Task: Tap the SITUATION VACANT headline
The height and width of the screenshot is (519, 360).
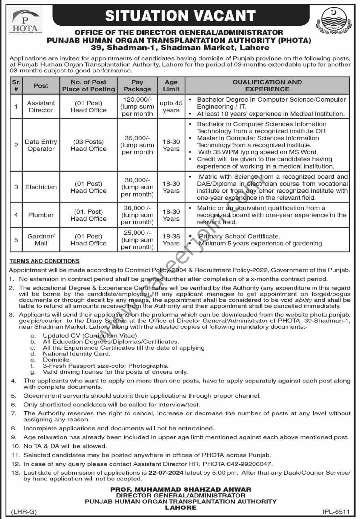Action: click(180, 16)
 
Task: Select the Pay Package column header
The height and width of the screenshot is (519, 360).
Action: click(137, 85)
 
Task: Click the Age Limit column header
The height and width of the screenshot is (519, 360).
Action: click(171, 85)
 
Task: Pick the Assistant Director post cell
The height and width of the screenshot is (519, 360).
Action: click(41, 106)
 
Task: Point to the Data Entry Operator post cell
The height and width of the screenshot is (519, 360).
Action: click(41, 145)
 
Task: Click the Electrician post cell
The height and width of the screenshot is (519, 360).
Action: click(41, 187)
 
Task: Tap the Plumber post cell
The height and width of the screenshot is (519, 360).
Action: click(41, 215)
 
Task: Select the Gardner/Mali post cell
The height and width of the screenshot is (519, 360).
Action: click(41, 240)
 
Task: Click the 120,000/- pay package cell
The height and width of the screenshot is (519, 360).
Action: click(137, 106)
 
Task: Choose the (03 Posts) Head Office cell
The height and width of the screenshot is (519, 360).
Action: click(88, 145)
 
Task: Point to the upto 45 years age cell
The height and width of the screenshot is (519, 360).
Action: click(171, 106)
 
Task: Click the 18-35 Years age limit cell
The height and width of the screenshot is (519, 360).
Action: click(171, 240)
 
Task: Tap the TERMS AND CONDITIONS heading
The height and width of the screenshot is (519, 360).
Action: click(45, 261)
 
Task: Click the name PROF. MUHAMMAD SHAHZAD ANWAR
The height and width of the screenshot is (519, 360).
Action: click(181, 489)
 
